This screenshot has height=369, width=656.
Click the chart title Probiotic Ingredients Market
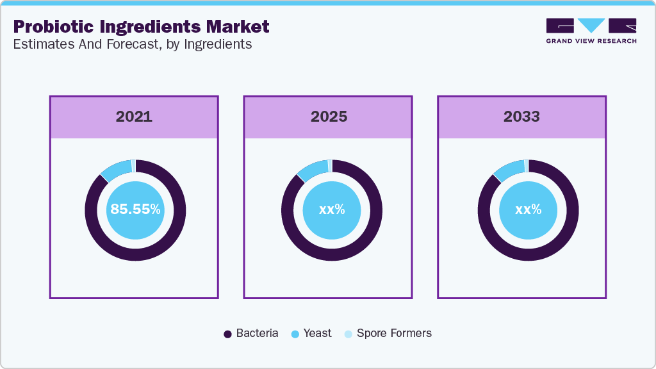(141, 27)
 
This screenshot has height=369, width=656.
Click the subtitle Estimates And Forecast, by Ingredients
(133, 44)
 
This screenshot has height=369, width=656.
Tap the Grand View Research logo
(591, 31)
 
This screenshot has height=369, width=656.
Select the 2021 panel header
(134, 117)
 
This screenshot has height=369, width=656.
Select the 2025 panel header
(329, 117)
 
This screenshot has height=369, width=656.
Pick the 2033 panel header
(521, 117)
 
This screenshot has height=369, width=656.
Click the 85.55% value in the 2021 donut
(135, 209)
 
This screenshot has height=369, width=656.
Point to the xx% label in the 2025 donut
(332, 209)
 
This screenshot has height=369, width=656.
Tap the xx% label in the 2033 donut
(529, 209)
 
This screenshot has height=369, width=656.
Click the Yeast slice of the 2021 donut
(116, 169)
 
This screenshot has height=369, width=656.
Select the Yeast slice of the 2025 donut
(313, 170)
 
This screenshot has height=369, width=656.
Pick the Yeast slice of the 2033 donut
(509, 170)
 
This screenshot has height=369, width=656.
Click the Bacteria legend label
(257, 333)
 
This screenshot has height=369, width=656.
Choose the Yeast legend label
(318, 333)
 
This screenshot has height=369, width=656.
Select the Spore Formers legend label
(394, 333)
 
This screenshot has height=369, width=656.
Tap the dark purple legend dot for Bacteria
(227, 334)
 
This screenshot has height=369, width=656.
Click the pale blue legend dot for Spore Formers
(348, 334)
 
